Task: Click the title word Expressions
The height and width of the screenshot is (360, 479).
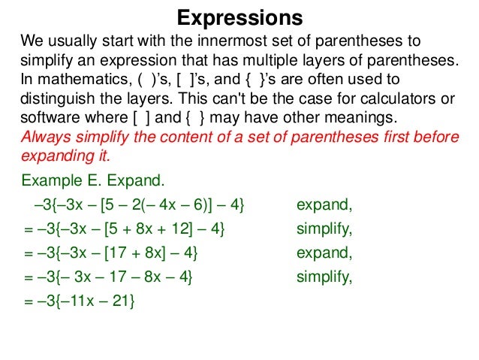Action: tap(239, 17)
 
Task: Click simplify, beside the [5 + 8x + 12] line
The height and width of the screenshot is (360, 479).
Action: tap(324, 228)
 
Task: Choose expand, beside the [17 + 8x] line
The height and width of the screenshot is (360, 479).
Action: tap(324, 253)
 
